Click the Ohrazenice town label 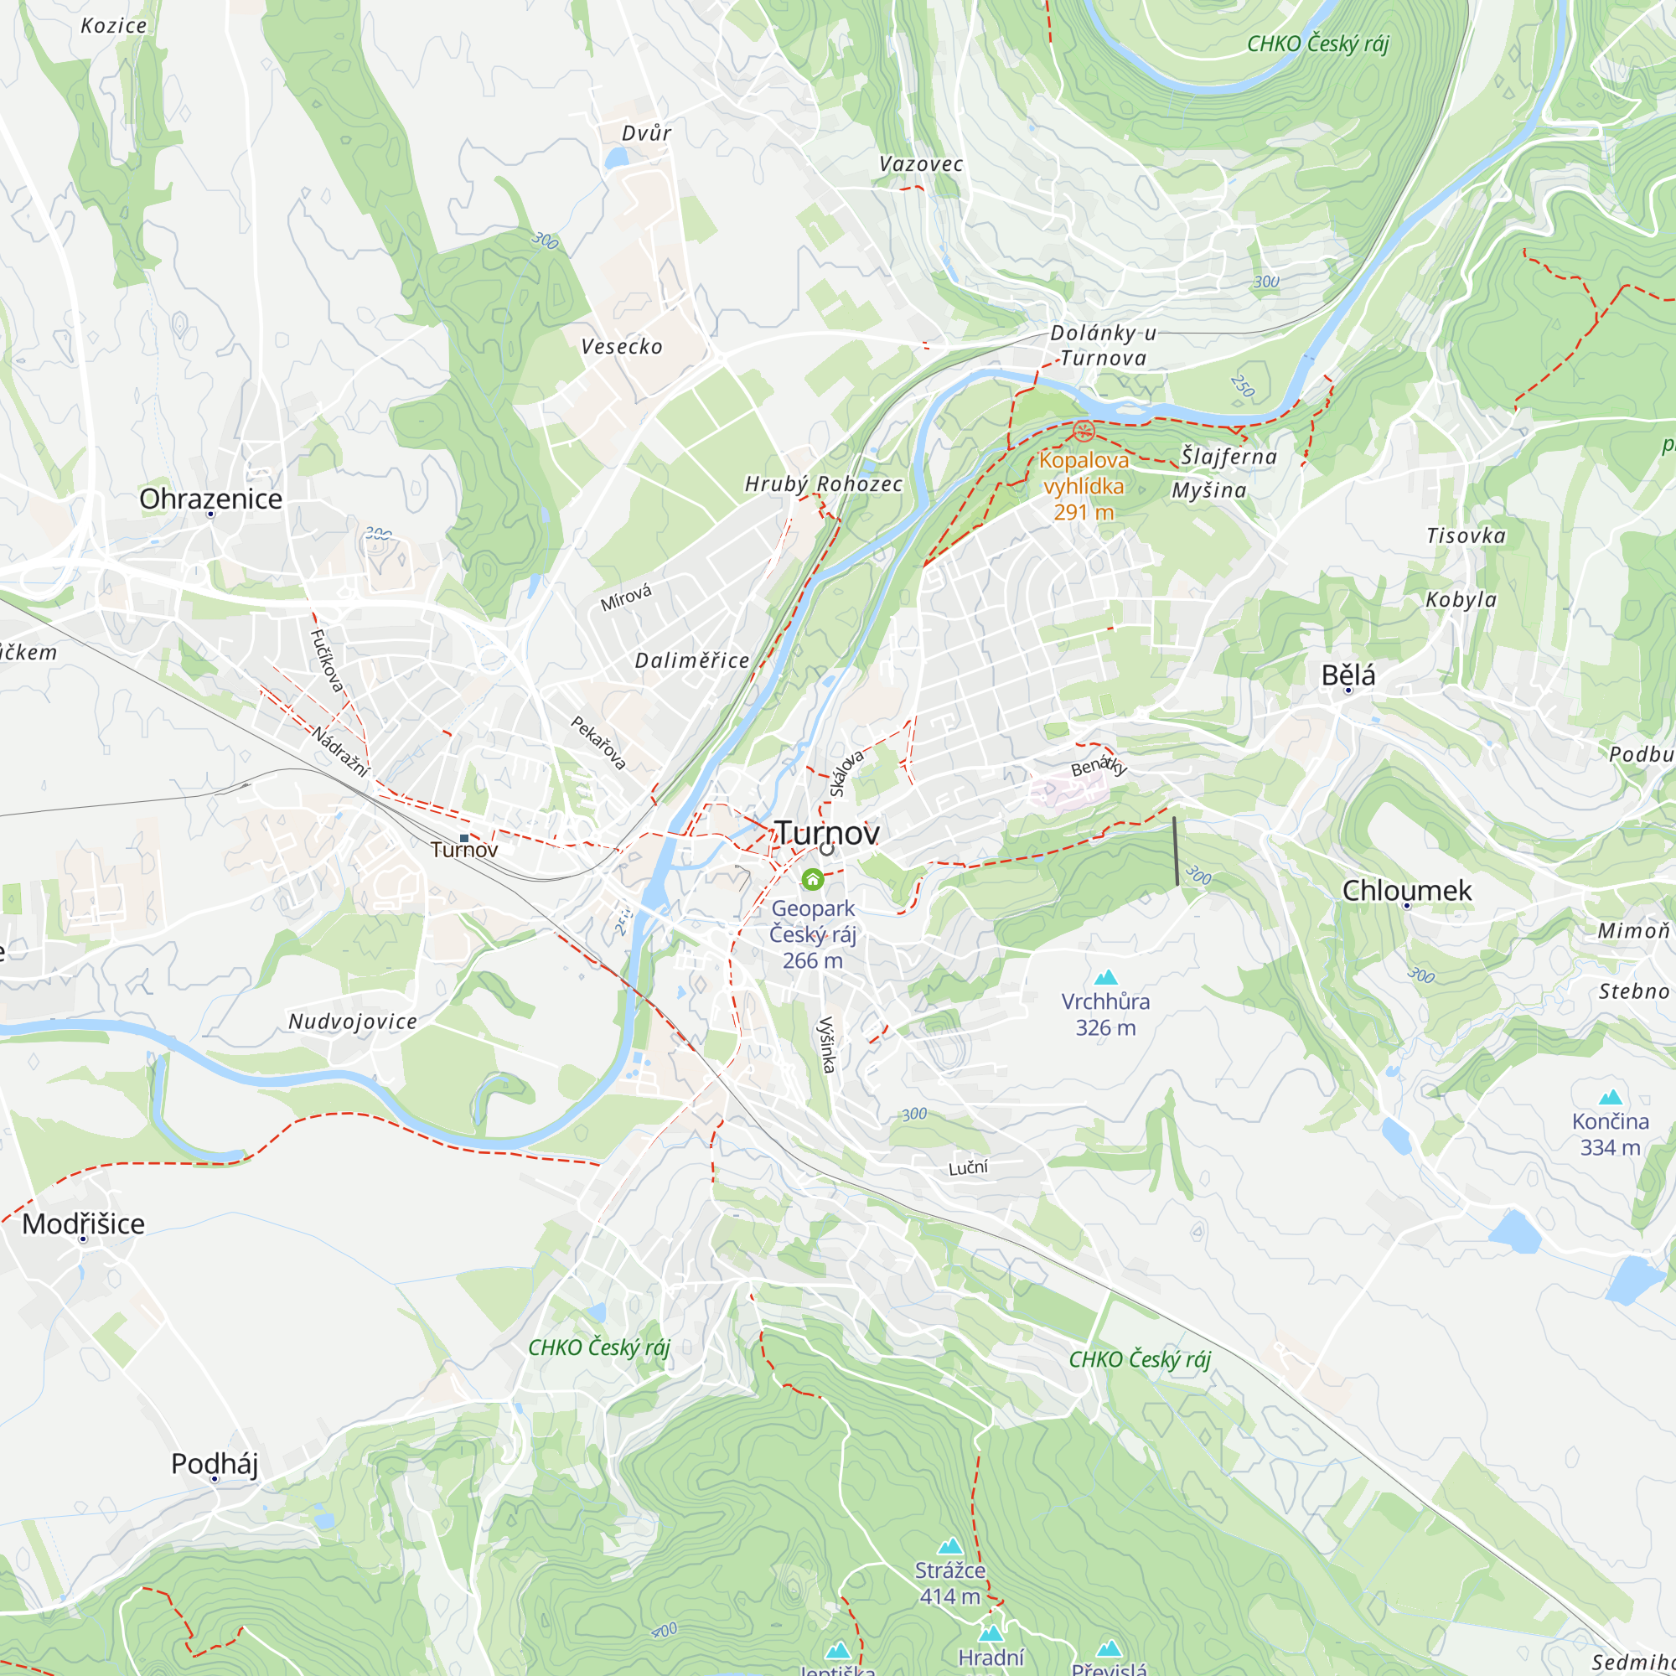click(211, 499)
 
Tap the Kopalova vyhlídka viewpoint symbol click(1084, 431)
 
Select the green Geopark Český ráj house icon click(812, 880)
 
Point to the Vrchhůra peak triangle click(1105, 979)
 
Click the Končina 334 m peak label click(1610, 1133)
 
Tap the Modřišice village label click(83, 1224)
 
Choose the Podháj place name click(215, 1463)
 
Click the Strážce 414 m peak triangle click(951, 1546)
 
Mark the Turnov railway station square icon click(464, 838)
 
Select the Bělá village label click(1348, 675)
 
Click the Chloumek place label click(1406, 890)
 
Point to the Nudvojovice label click(352, 1021)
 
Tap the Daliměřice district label click(691, 660)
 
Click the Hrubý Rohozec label click(823, 484)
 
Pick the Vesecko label click(621, 347)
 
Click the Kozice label click(114, 26)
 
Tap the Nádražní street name click(340, 751)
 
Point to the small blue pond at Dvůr click(616, 158)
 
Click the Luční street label click(967, 1167)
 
